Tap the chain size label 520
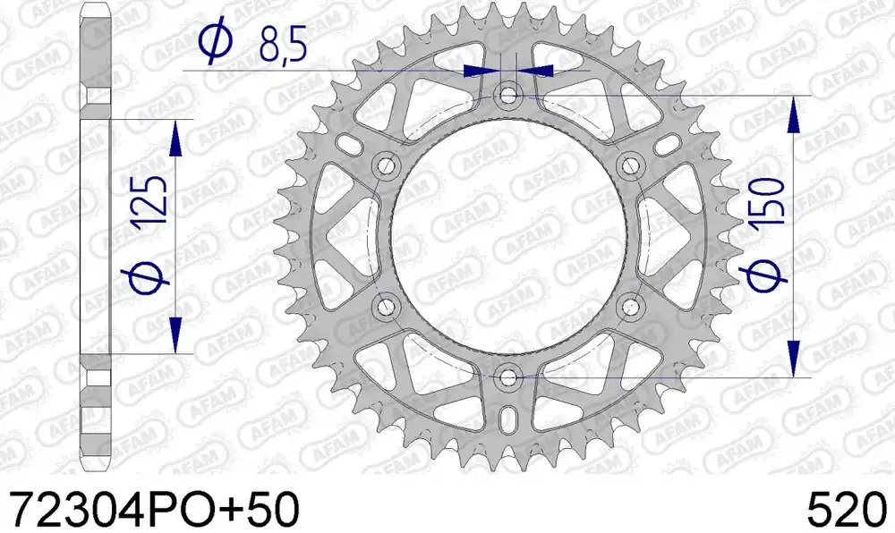click(x=848, y=509)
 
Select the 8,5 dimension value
click(x=283, y=44)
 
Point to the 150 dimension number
click(x=768, y=201)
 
